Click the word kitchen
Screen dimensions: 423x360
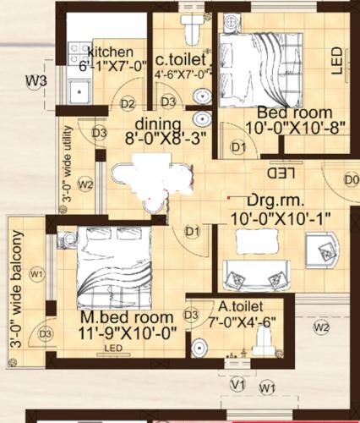click(112, 51)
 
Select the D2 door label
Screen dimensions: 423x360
click(128, 104)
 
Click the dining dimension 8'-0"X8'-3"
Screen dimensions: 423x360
click(166, 139)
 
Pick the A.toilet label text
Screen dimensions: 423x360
click(241, 305)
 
